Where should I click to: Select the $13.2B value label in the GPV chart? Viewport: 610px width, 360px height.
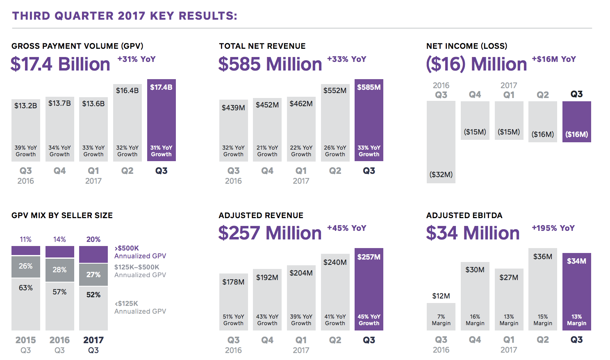(x=25, y=106)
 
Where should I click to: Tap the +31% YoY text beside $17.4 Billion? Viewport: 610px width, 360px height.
(x=137, y=59)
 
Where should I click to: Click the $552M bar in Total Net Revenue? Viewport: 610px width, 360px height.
(x=335, y=123)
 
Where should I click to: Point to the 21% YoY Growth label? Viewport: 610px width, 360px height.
(x=267, y=151)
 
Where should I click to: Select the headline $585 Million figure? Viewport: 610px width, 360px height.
(x=270, y=64)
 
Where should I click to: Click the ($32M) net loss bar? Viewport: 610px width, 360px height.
(x=441, y=142)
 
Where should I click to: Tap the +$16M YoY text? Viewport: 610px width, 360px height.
(x=553, y=59)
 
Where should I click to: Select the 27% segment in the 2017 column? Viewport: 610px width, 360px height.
(x=93, y=275)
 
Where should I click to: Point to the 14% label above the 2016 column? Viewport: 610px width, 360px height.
(x=59, y=239)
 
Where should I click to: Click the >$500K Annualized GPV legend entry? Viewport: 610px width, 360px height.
(x=140, y=252)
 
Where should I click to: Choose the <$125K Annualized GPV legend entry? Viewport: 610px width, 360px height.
(x=140, y=308)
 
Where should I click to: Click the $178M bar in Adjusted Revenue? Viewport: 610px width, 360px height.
(x=233, y=302)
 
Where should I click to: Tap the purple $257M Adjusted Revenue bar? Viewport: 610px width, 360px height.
(x=369, y=289)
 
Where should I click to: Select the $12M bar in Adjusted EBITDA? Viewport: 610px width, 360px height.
(x=441, y=317)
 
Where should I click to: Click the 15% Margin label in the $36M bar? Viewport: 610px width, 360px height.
(x=542, y=320)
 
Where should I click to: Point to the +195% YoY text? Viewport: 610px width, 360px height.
(x=553, y=228)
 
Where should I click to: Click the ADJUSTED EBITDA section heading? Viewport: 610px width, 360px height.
(x=464, y=215)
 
